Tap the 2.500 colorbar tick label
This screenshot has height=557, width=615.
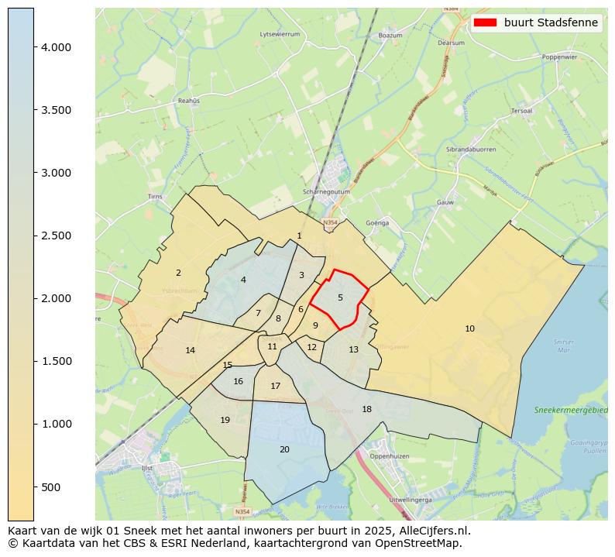tap(57, 236)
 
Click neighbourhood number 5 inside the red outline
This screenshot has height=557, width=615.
tap(340, 297)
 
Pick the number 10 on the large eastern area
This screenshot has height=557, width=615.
tap(469, 328)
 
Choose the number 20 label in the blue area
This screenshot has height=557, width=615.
tap(284, 449)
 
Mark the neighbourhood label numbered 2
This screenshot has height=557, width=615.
tap(178, 273)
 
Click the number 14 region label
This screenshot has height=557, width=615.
tap(191, 350)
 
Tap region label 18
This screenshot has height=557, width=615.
tap(366, 409)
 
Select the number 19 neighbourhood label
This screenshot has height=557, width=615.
tap(225, 420)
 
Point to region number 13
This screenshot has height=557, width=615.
tap(353, 349)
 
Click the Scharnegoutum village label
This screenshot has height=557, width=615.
tap(325, 192)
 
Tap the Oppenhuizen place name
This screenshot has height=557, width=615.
tap(389, 456)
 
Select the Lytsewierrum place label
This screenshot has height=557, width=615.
tap(280, 35)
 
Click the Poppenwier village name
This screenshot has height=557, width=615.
tap(560, 57)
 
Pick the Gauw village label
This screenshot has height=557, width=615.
tap(445, 202)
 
